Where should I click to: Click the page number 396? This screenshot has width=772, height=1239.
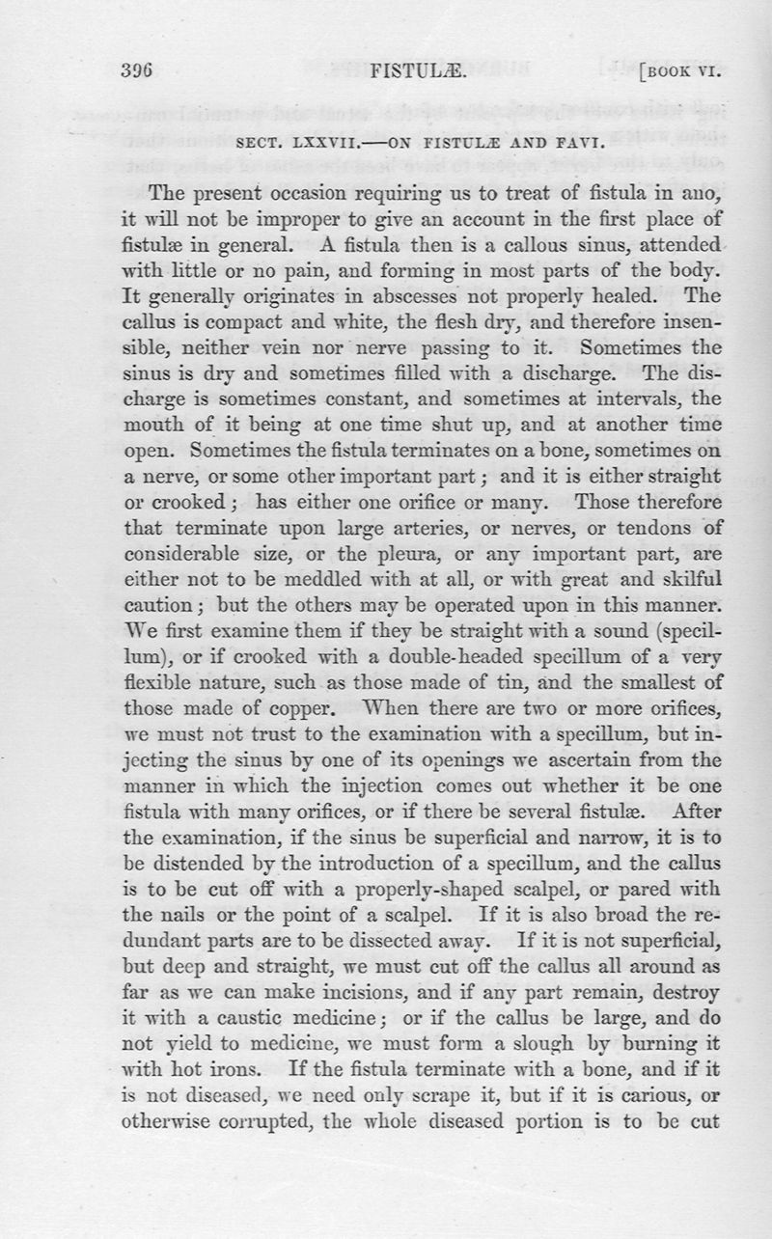click(x=140, y=71)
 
